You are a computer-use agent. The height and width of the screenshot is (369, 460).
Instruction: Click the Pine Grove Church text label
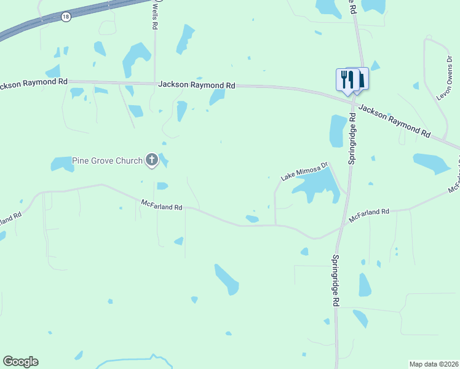point(107,161)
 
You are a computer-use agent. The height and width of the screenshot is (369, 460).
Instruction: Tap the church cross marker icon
point(152,161)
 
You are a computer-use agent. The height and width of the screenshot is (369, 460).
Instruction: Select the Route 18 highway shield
point(66,17)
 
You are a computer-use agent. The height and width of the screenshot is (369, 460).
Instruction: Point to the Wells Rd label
point(156,15)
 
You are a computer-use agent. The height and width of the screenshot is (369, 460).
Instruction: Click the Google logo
point(20,362)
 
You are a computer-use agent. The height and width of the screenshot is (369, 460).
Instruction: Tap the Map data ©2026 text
point(434,364)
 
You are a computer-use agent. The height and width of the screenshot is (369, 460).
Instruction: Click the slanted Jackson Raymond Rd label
point(394,119)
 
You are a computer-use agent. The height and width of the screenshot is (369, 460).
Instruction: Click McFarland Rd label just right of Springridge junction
point(369,214)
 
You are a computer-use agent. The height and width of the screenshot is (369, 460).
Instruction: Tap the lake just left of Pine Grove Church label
point(61,164)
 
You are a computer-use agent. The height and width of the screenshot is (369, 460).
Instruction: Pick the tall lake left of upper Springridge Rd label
point(338,130)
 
